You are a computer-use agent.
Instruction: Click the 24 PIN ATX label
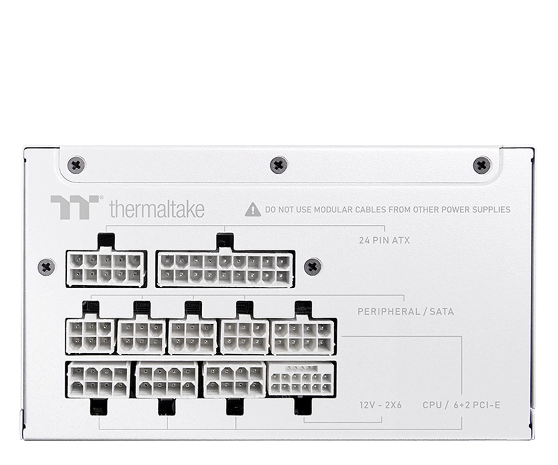tap(384, 240)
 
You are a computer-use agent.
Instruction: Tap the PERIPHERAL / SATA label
tap(405, 311)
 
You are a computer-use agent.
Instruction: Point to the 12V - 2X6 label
tap(380, 405)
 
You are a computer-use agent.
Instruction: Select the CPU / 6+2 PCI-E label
tap(461, 405)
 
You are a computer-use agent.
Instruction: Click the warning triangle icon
tap(252, 210)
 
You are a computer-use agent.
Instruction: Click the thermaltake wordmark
tap(157, 209)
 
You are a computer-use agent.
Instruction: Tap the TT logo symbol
tap(75, 207)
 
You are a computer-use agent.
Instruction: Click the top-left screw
tap(76, 165)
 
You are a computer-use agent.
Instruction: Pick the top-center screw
tap(279, 165)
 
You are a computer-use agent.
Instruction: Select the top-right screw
tap(482, 165)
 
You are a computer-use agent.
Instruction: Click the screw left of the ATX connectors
tap(46, 267)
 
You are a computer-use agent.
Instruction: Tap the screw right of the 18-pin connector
tap(312, 267)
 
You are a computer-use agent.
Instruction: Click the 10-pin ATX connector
tap(106, 269)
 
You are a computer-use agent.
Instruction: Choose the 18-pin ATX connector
tap(225, 269)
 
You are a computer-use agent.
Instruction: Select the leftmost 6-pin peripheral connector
tap(90, 336)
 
